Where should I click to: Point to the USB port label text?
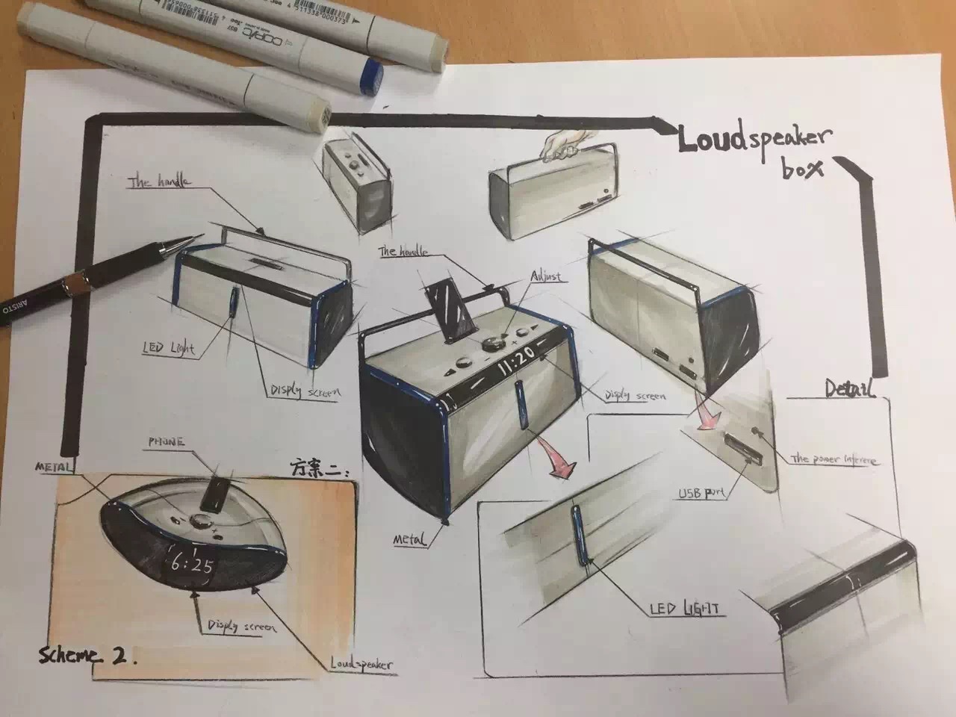pos(701,493)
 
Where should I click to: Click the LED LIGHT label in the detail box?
pos(685,609)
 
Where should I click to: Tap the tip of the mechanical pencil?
pos(200,236)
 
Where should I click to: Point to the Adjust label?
pos(545,277)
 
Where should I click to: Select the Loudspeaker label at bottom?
pos(361,663)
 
